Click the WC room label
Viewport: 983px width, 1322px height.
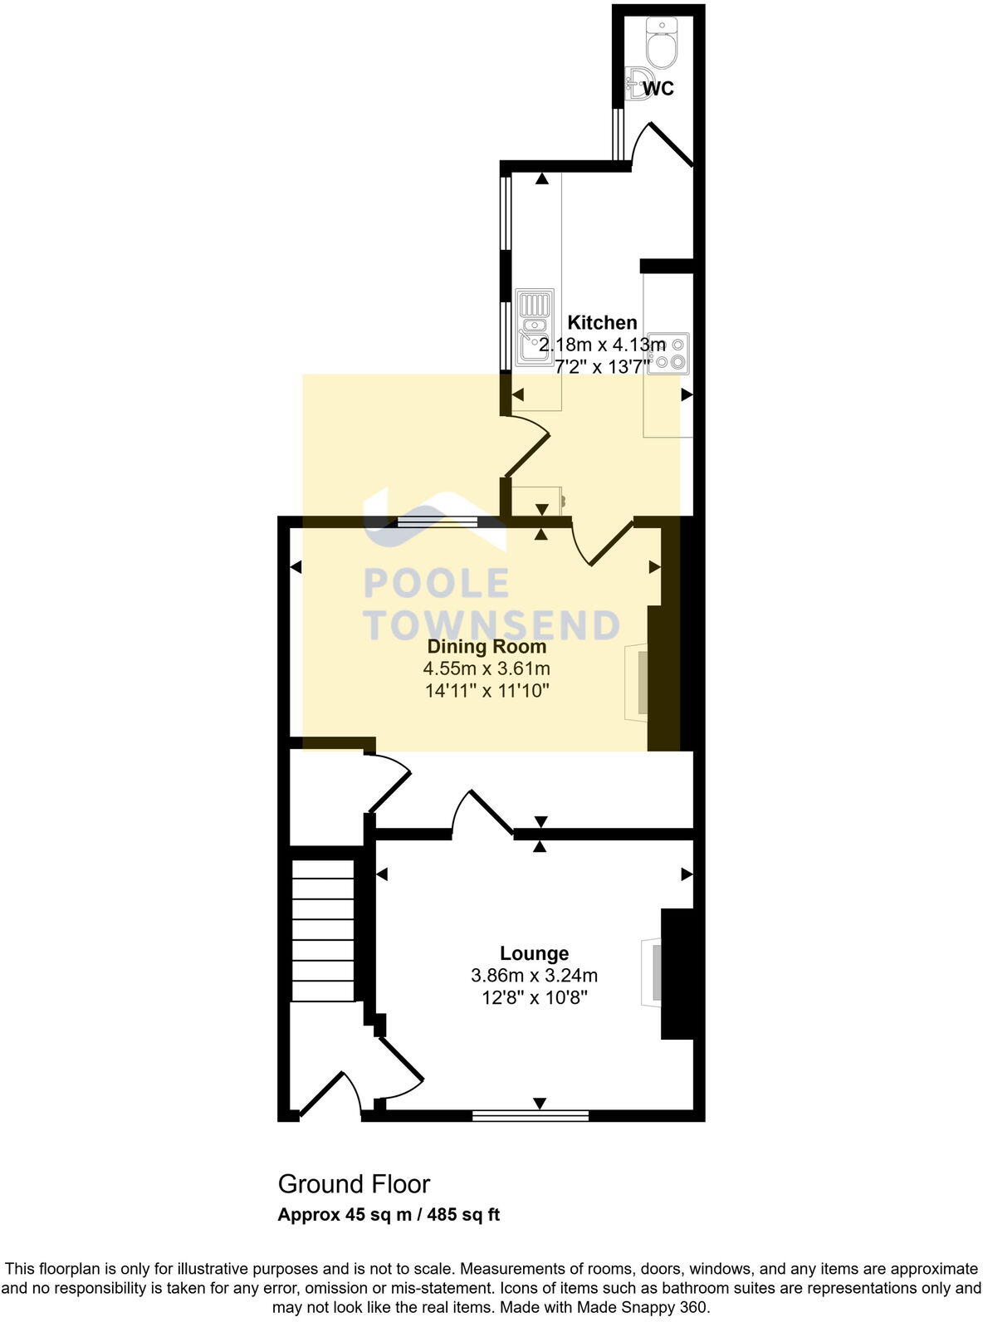[658, 88]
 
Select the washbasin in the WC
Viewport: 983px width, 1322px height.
[637, 85]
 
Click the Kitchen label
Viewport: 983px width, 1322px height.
[602, 322]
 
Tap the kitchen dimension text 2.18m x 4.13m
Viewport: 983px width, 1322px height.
[602, 345]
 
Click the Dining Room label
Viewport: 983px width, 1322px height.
[487, 646]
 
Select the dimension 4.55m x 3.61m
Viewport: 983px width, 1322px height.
[487, 668]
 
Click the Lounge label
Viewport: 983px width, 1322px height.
[534, 953]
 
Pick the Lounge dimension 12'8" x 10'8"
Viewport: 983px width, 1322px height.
[534, 997]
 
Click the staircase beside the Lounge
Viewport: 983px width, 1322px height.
[323, 930]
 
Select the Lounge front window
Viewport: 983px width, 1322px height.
[531, 1116]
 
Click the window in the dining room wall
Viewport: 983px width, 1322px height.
[437, 522]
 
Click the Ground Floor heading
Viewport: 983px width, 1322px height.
[354, 1183]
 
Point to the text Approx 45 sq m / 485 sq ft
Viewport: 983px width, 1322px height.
[389, 1215]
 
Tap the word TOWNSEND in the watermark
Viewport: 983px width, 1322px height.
[492, 625]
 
